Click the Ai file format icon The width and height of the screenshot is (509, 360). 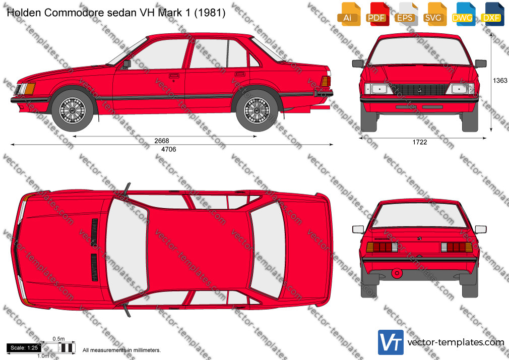point(349,14)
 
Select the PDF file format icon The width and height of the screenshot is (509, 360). point(377,14)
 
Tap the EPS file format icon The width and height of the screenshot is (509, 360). point(406,14)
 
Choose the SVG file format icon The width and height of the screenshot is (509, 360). point(434,14)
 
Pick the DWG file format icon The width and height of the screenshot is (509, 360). point(464,14)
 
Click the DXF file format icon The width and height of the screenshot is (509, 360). point(492,14)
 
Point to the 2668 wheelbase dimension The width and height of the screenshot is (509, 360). point(162,141)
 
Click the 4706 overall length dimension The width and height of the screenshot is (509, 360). point(169,149)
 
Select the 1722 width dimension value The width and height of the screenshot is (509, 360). point(420,142)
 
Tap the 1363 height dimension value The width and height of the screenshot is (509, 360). point(500,81)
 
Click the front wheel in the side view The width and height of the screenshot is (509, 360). point(73,110)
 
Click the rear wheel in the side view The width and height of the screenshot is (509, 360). point(257,110)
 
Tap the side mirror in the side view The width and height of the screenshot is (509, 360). point(126,64)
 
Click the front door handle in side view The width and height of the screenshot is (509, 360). point(174,76)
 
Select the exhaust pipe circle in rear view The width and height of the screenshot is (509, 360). point(397,273)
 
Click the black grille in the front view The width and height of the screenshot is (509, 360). point(419,89)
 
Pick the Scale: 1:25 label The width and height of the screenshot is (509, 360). point(24,348)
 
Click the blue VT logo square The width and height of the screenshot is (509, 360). point(391,342)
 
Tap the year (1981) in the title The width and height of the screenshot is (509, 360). point(210,13)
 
